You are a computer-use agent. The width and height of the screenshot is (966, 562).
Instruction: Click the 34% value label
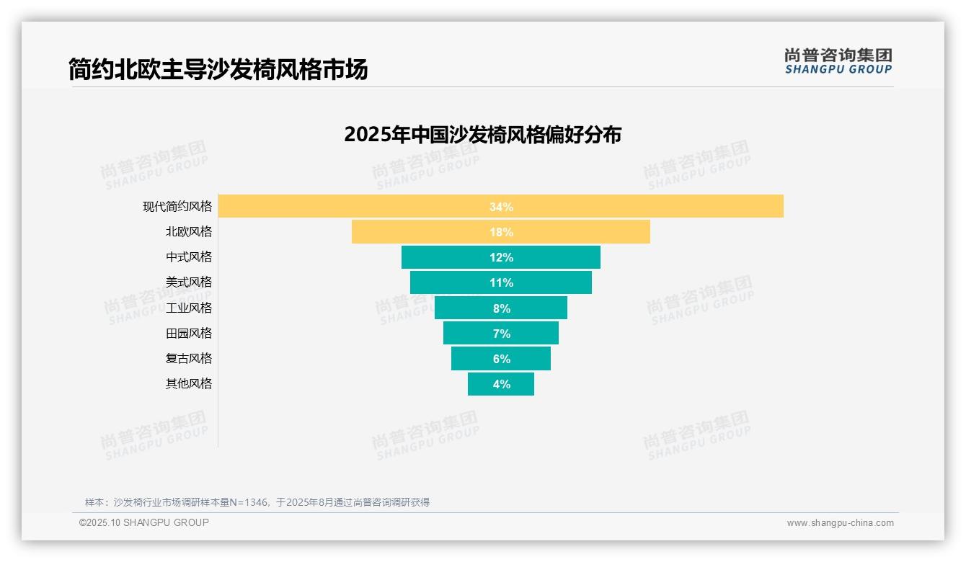tap(501, 207)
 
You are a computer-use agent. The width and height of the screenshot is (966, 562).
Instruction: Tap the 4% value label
tap(501, 384)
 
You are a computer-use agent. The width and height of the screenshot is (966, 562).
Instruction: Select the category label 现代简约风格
tap(177, 207)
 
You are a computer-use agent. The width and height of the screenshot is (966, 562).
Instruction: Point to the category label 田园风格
tap(189, 334)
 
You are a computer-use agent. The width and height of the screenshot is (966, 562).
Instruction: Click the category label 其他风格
tap(189, 384)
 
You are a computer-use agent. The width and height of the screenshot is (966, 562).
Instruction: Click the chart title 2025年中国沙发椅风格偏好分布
tap(482, 135)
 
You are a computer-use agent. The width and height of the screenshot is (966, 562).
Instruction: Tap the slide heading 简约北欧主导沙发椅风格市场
tap(218, 69)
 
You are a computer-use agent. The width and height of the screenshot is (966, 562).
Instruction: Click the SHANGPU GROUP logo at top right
tap(838, 61)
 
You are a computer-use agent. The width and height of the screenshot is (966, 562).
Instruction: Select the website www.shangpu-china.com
tap(840, 523)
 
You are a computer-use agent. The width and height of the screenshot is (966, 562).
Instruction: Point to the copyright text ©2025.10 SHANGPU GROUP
tap(144, 523)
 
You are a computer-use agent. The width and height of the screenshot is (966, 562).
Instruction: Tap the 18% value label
tap(501, 232)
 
